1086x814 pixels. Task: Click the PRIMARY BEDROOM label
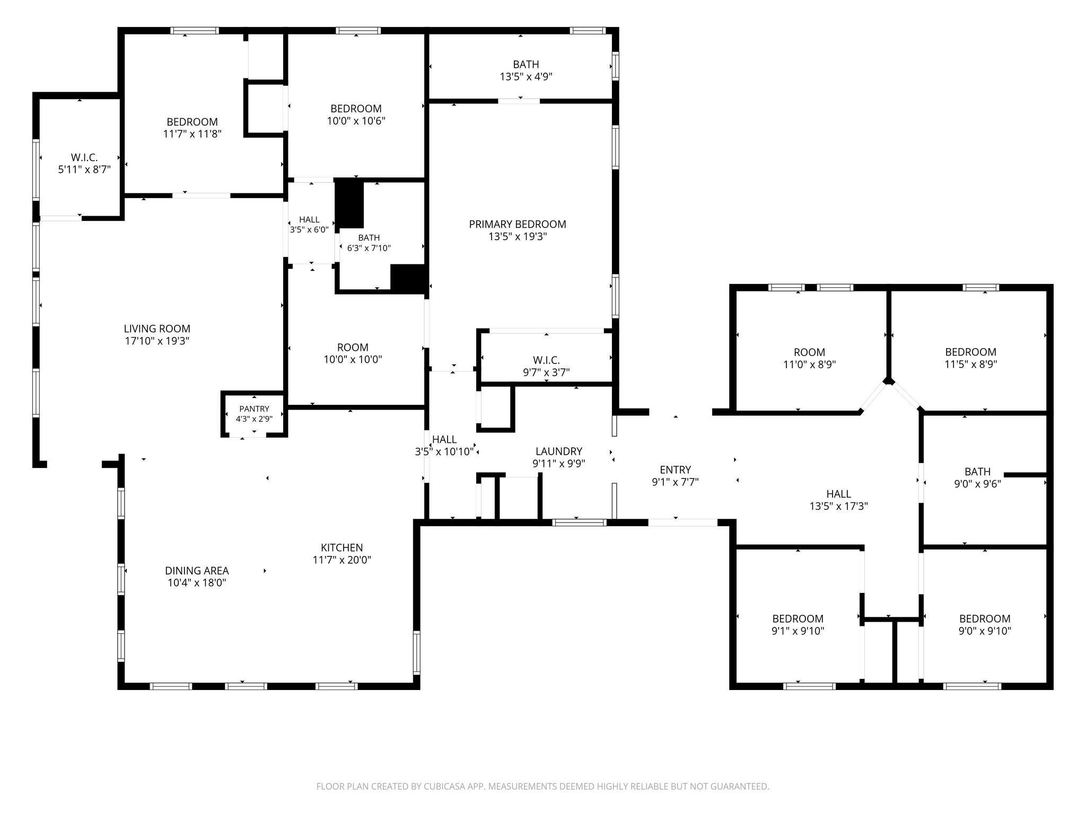[518, 224]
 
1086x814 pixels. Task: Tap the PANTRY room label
[254, 409]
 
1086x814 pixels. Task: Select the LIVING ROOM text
[157, 329]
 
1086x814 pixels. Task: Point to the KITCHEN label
[342, 547]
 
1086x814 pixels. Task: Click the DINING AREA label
[197, 571]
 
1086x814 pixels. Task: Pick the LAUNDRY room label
[559, 451]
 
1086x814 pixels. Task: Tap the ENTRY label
[676, 470]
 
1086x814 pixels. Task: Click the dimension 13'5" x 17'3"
[839, 506]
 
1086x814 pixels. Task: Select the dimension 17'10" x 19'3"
[157, 341]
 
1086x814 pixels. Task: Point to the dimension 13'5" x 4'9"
[526, 77]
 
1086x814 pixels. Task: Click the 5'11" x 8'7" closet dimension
[84, 170]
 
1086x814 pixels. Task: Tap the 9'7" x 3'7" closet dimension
[546, 373]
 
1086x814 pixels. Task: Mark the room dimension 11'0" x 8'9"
[810, 365]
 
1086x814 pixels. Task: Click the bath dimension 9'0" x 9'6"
[977, 483]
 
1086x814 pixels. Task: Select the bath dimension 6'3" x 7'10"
[369, 248]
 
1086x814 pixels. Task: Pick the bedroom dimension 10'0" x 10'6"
[356, 121]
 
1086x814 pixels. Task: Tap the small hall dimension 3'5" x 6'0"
[309, 230]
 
